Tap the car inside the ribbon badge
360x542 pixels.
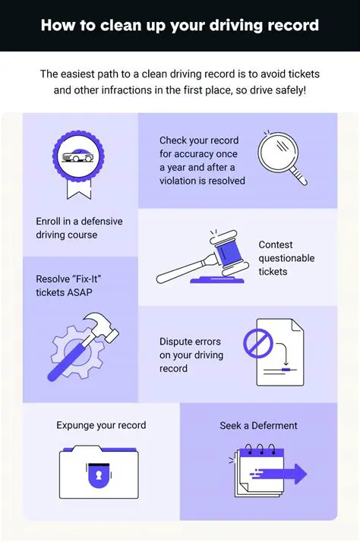coord(78,156)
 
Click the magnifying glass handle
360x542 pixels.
coord(298,175)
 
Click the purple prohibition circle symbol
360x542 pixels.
coord(258,343)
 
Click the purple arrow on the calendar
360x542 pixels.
coord(279,474)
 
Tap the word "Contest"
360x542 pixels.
coord(276,244)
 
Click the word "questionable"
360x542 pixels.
coord(286,259)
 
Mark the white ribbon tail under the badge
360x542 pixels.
coord(79,190)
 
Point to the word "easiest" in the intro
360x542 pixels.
coord(76,74)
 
